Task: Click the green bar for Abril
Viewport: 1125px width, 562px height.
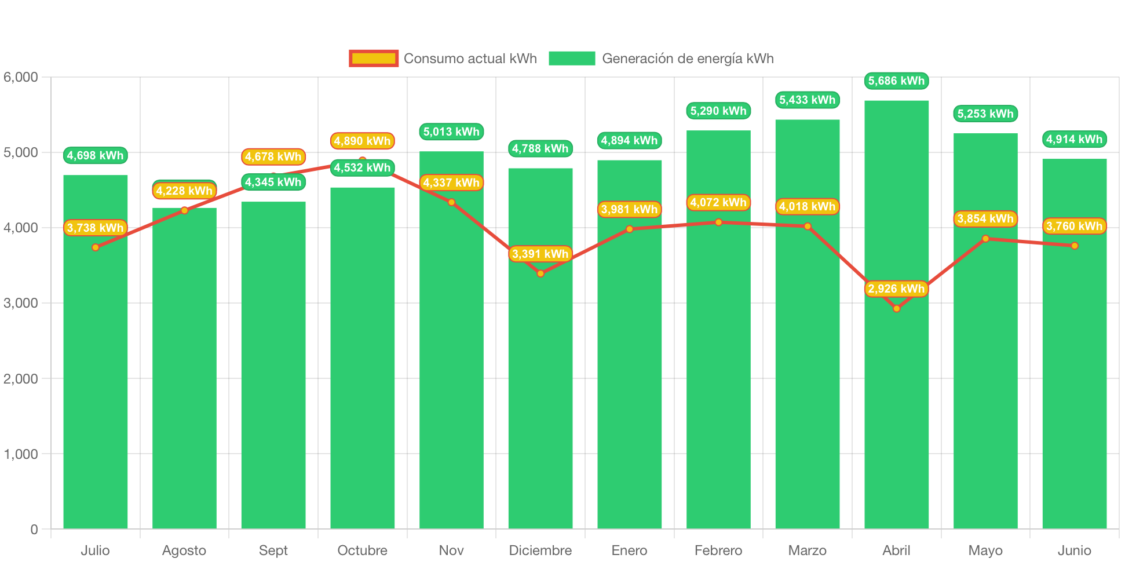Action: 896,406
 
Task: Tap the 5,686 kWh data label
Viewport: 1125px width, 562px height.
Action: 896,81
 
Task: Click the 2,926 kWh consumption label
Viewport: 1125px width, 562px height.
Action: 896,289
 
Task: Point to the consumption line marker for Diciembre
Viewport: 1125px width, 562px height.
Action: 540,273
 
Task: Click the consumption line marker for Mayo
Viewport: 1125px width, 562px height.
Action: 985,239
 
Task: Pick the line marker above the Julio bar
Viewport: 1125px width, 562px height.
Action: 96,247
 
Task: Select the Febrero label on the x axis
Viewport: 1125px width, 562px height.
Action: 718,550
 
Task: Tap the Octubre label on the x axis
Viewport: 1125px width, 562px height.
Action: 362,550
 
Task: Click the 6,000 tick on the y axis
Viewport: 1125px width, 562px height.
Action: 21,77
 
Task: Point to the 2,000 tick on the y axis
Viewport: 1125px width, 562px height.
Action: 21,379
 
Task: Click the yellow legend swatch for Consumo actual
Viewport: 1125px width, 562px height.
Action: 374,59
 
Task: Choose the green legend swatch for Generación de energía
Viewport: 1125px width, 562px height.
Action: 572,59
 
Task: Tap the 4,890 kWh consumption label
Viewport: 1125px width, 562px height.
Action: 362,141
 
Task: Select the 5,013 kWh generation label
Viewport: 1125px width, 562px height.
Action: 451,132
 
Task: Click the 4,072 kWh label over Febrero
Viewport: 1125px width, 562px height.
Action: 718,202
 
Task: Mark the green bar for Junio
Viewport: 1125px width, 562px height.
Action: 1074,377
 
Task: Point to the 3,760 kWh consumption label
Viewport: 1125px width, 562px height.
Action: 1074,226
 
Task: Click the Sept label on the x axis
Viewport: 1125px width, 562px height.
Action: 273,550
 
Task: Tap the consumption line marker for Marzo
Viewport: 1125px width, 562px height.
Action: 808,227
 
